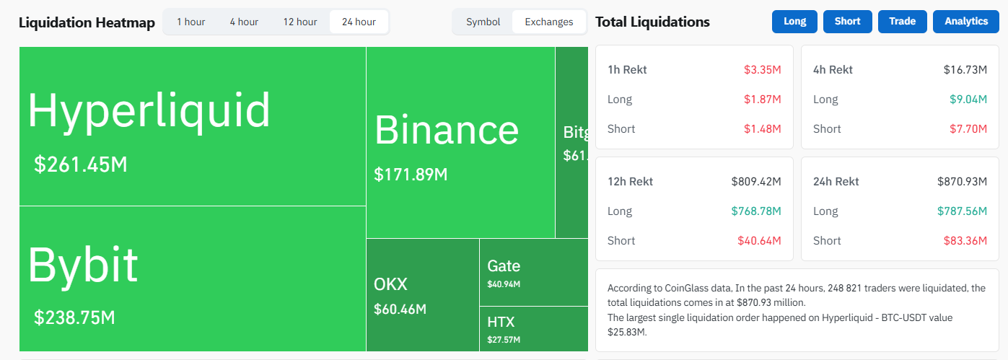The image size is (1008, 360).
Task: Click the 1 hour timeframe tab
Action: click(x=191, y=22)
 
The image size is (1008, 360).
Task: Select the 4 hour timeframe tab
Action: click(x=244, y=22)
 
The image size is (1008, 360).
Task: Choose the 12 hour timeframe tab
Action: click(x=300, y=22)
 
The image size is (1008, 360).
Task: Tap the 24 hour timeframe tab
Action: click(x=359, y=22)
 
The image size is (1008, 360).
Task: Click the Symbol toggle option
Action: click(x=483, y=22)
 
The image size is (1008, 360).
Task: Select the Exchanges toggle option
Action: click(x=549, y=22)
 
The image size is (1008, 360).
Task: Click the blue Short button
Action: click(x=847, y=21)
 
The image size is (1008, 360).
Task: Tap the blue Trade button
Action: click(x=902, y=21)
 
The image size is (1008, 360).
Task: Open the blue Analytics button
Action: click(x=965, y=21)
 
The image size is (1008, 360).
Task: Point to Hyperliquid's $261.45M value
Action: click(x=81, y=164)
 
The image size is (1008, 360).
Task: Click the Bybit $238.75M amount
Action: click(x=74, y=317)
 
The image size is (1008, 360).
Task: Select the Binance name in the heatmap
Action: click(x=447, y=131)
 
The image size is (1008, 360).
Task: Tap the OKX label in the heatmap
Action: click(x=390, y=284)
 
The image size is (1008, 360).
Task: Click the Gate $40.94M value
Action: click(x=504, y=284)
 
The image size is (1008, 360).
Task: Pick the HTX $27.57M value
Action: click(x=504, y=339)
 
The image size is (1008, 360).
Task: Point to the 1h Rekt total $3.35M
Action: click(x=763, y=70)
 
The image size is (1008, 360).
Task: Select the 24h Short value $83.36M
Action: click(x=965, y=241)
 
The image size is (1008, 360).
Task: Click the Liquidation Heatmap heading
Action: click(x=87, y=22)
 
